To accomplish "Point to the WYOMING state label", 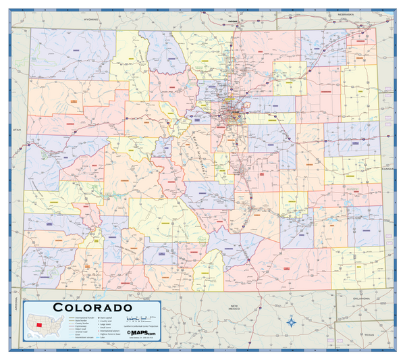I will point(91,20).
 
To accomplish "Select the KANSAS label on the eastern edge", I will point(389,169).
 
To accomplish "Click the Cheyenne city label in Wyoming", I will point(234,21).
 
